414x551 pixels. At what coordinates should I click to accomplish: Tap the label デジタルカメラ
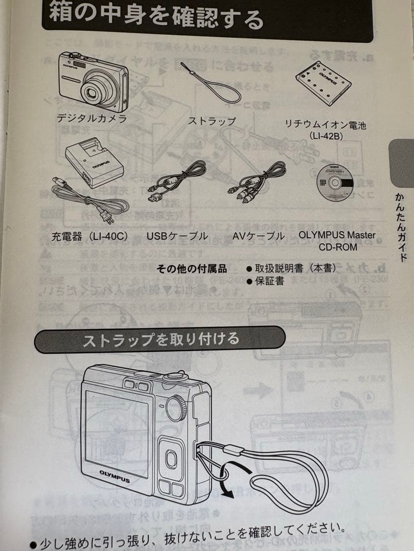point(91,119)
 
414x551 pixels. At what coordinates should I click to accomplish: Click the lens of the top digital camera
point(95,92)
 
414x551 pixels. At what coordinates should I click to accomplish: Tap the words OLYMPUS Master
point(337,236)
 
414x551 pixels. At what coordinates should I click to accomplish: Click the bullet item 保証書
point(270,281)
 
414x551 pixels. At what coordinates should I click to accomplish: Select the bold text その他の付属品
point(191,269)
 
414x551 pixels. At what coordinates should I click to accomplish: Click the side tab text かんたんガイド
point(402,227)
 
